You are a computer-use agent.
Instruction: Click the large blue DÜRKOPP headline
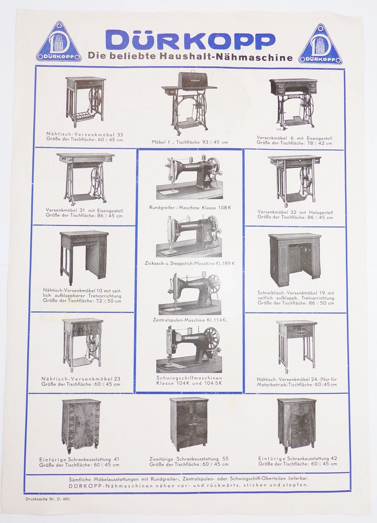[x=190, y=40]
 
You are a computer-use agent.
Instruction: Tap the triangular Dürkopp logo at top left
[x=59, y=44]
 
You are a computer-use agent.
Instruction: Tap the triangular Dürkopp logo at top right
[x=320, y=45]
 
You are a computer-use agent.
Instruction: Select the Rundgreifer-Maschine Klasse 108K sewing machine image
[x=189, y=178]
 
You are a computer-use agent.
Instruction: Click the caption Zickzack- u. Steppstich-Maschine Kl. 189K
[x=190, y=263]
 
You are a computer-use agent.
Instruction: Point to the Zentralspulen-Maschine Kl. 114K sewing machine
[x=190, y=293]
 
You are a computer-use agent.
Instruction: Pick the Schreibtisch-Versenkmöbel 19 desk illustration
[x=295, y=259]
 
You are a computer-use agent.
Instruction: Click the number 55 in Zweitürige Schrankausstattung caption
[x=225, y=459]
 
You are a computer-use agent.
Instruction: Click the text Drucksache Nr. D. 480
[x=48, y=499]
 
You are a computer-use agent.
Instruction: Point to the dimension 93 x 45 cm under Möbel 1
[x=210, y=142]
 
